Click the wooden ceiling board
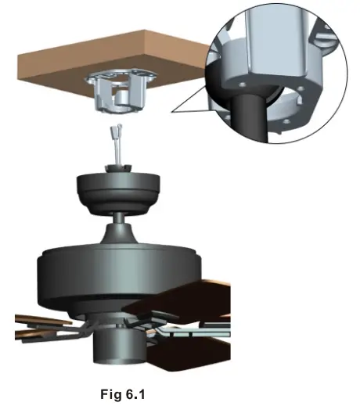(78, 74)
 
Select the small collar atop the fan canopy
(119, 170)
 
